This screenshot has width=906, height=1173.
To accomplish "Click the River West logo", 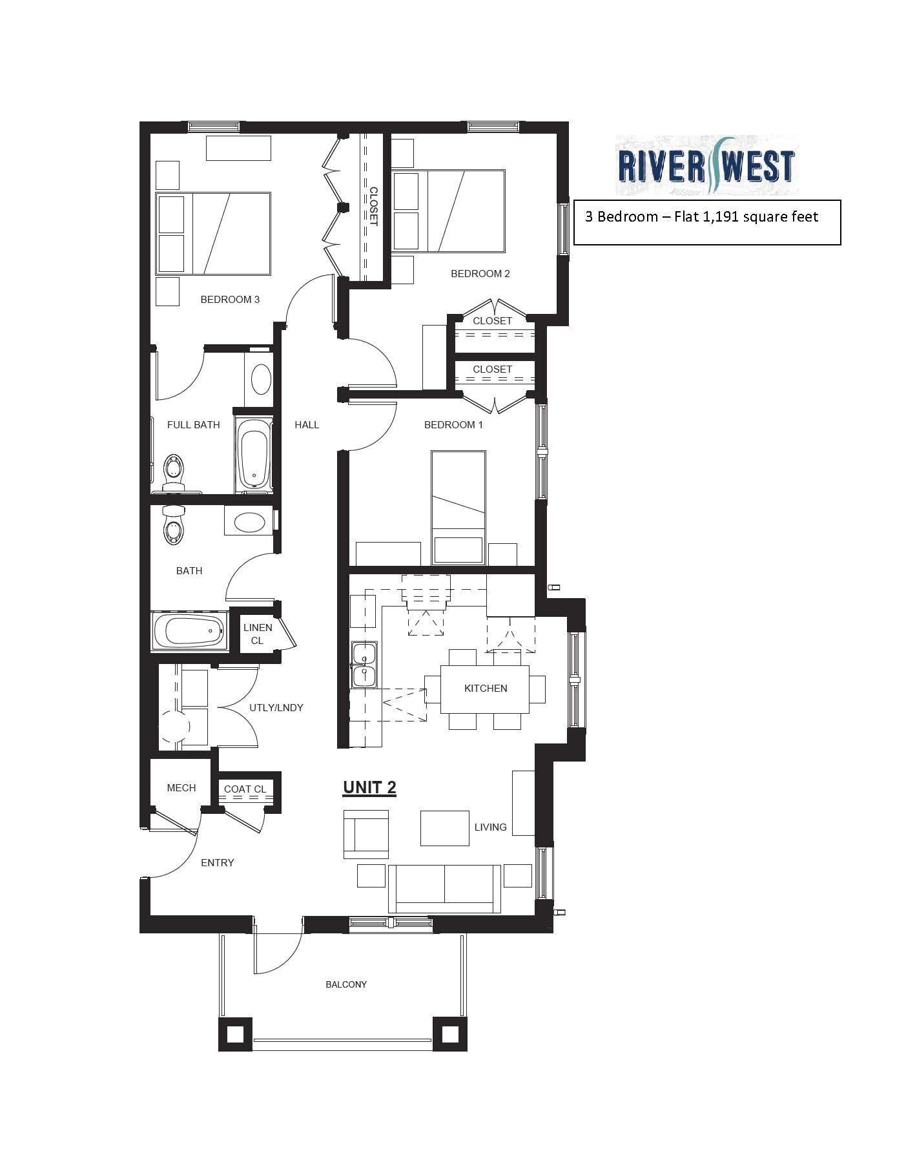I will point(706,165).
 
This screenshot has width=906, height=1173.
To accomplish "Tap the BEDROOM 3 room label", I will point(230,299).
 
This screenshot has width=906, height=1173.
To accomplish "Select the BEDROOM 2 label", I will point(480,273).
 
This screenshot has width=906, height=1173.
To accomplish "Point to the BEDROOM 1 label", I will point(453,424).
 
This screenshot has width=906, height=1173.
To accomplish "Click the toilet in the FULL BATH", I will point(174,471).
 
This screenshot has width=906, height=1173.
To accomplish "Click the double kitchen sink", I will point(363,664).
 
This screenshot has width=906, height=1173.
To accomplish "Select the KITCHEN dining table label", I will point(486,688).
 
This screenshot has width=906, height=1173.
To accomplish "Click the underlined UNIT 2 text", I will point(369,787).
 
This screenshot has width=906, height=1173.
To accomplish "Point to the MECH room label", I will point(181,787).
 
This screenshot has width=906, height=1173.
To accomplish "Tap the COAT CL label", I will point(245,789).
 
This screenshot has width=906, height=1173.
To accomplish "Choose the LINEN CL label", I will point(257,634).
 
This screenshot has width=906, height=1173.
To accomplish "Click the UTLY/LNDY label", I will point(276,707).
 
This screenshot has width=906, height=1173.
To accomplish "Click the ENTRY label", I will point(217,862).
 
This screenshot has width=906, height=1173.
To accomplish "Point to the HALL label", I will point(307,424).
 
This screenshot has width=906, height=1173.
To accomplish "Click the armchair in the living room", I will point(365,834).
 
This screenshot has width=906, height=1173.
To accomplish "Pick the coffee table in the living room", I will point(444,828).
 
